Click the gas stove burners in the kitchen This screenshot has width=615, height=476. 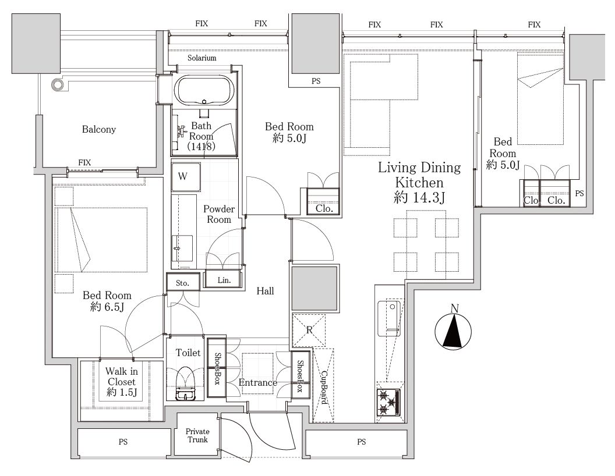pos(388,402)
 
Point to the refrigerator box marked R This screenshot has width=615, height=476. pos(309,331)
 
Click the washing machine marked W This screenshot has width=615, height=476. pos(186,177)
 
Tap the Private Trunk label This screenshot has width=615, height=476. pos(197,435)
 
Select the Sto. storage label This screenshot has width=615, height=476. pos(182,283)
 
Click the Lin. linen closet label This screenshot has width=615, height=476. pos(224,280)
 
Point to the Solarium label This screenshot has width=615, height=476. pos(202,58)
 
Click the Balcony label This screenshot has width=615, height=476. pos(99,129)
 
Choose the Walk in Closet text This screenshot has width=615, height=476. pos(122,376)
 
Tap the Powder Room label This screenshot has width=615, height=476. pos(219,214)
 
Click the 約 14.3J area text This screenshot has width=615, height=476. pos(419,197)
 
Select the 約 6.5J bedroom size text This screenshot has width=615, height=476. pos(107,307)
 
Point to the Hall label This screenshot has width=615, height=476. pos(265,291)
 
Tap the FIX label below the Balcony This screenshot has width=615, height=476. pos(84,162)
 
